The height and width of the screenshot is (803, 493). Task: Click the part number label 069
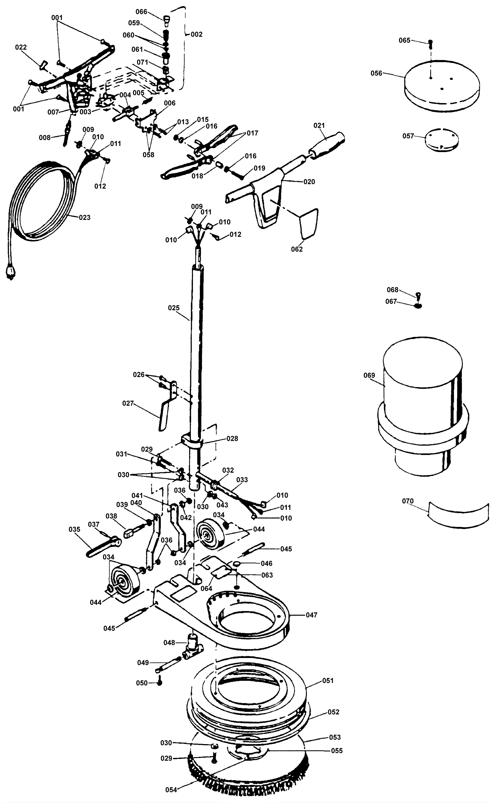point(369,375)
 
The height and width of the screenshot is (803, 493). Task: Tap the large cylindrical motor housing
point(423,406)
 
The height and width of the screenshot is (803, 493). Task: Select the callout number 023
point(84,217)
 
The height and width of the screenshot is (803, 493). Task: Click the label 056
point(376,73)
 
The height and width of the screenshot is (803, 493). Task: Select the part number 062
point(297,249)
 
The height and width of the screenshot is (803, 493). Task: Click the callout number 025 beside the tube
point(174,308)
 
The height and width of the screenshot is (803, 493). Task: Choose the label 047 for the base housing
point(312,615)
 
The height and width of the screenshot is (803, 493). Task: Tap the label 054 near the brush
point(171,790)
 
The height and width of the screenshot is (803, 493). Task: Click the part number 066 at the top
point(141,12)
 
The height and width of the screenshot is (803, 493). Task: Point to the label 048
point(169,643)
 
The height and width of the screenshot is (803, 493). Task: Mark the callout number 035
point(74,529)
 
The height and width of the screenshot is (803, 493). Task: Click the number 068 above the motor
point(393,290)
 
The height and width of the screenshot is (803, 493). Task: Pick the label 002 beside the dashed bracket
point(197,34)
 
